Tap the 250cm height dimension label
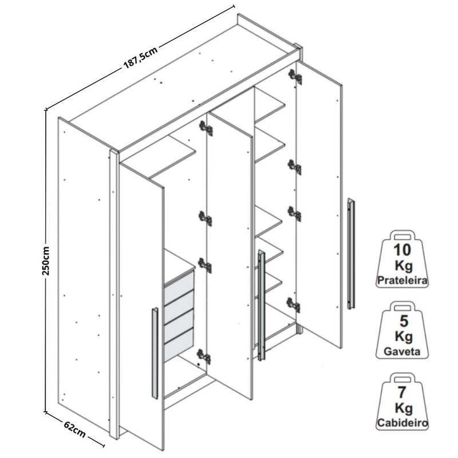(46, 261)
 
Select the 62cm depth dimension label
(75, 429)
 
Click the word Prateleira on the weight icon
(402, 281)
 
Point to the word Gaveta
(402, 351)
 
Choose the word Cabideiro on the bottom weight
(402, 423)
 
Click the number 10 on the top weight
(402, 250)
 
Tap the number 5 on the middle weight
(404, 321)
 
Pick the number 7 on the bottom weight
(402, 392)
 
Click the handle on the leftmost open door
(155, 353)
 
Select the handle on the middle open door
(262, 305)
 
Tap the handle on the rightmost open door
(351, 254)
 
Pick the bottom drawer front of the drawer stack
(179, 345)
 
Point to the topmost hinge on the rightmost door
(295, 77)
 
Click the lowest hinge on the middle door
(204, 356)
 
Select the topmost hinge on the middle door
(206, 128)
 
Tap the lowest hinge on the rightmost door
(294, 305)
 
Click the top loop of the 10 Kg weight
(402, 235)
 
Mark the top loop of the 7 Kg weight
(402, 378)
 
